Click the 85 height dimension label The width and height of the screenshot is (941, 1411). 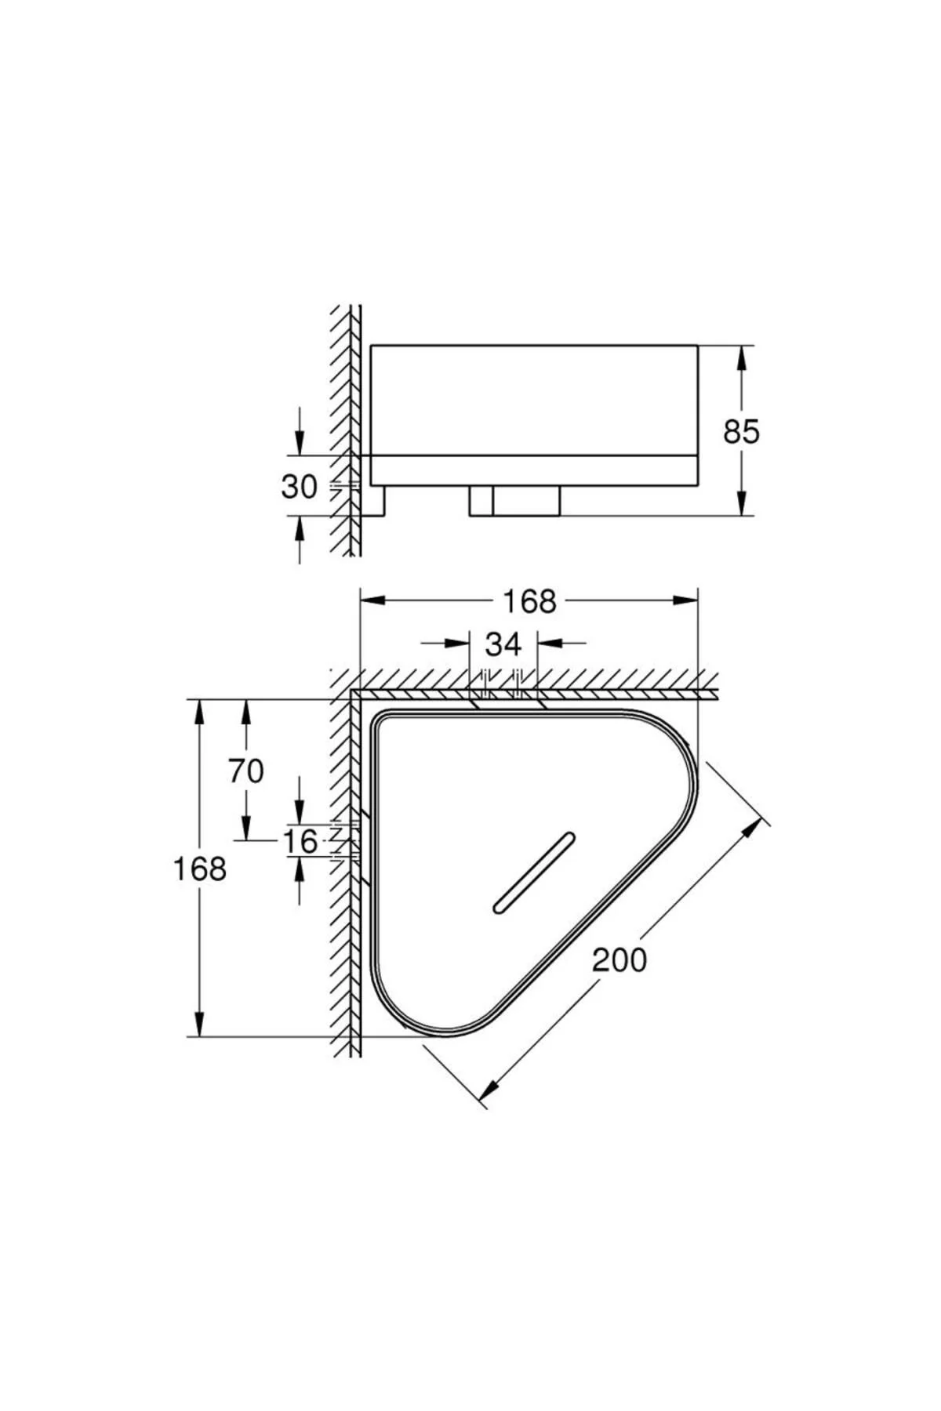741,432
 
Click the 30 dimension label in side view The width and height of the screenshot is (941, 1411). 299,487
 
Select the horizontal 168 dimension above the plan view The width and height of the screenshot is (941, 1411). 529,601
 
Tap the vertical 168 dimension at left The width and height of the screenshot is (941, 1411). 199,869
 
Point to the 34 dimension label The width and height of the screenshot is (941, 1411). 503,644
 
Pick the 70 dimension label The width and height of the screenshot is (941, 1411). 245,771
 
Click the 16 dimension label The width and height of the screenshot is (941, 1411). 300,842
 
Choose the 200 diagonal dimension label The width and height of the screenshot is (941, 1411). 619,959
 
